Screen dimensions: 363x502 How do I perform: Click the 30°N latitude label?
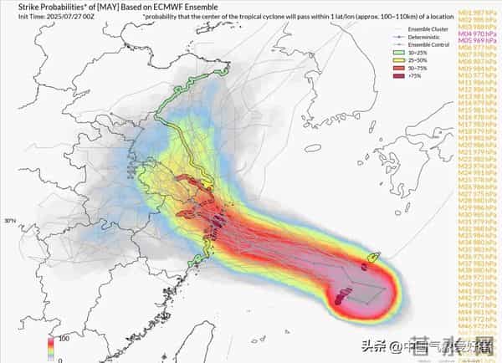9,221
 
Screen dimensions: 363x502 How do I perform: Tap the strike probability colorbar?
50,349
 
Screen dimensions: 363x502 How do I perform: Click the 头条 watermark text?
371,345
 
